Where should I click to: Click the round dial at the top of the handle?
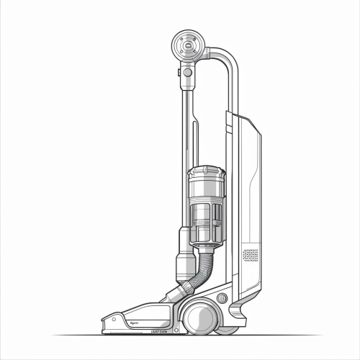(188, 46)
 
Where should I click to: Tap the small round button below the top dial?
(188, 72)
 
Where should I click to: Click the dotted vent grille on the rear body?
(250, 255)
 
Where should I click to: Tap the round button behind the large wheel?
(222, 297)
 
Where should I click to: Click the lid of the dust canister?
(206, 173)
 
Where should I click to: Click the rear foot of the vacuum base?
(237, 317)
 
